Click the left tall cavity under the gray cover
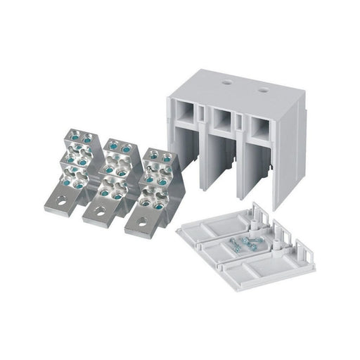(183, 162)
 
